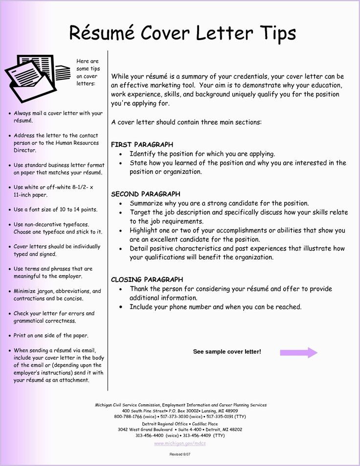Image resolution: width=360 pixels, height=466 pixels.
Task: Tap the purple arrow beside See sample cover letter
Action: coord(298,352)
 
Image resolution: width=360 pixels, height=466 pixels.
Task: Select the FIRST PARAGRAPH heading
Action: coord(142,144)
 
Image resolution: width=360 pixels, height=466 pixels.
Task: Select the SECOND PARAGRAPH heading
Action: coord(146,194)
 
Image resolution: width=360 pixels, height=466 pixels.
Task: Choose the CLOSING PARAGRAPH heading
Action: coord(147,280)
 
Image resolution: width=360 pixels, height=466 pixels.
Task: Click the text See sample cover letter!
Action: coord(227,352)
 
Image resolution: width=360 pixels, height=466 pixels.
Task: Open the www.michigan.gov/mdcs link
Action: coord(180,443)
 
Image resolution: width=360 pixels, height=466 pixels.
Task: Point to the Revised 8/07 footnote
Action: coord(180,455)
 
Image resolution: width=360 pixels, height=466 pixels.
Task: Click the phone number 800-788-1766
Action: coord(128,417)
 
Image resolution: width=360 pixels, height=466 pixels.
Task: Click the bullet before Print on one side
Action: coord(10,336)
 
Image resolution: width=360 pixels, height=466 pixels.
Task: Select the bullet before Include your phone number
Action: coord(121,307)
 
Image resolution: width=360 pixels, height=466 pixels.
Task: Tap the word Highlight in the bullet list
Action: coord(144,231)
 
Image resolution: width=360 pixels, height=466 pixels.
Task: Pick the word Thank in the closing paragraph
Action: coord(139,289)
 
